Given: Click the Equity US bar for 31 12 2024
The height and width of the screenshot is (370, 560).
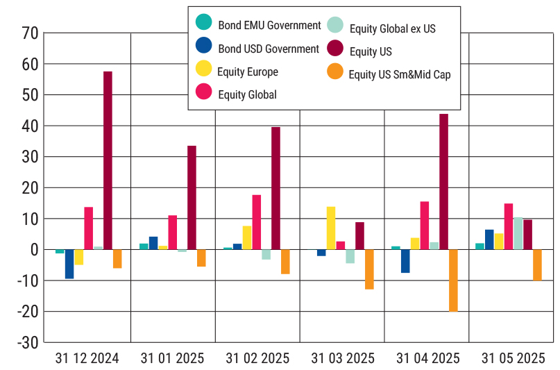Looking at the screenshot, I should tap(108, 160).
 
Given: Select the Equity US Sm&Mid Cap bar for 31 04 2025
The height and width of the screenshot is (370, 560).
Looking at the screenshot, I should tap(453, 280).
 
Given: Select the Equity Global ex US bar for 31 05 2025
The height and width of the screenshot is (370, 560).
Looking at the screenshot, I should tap(518, 233).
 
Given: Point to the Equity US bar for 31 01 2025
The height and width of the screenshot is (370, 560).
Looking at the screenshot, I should tap(192, 197).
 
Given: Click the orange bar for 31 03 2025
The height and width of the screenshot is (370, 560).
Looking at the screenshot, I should tap(369, 269).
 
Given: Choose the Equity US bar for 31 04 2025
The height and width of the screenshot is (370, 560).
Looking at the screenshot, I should tap(443, 181).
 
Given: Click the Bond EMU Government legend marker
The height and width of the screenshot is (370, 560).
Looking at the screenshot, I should tap(204, 24).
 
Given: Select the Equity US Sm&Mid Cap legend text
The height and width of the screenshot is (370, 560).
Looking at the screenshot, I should tap(400, 74).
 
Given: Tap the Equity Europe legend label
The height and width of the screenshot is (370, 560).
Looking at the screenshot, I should tap(248, 72).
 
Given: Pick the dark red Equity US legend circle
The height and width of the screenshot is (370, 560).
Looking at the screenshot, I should tap(335, 49).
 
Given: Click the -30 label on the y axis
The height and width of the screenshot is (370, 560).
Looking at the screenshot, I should tap(26, 342).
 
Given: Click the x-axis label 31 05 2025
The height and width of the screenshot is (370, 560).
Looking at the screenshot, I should tap(514, 358).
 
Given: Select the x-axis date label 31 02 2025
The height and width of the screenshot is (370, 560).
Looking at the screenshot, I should tap(257, 358).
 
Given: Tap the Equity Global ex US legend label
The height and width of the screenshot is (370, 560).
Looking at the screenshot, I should tap(393, 28).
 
